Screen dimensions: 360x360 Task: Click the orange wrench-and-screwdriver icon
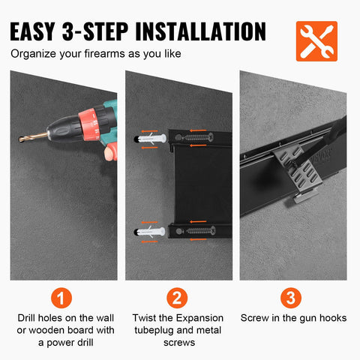316,40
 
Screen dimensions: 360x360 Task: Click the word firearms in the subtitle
112,55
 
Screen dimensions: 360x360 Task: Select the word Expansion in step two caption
200,318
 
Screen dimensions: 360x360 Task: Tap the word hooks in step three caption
331,318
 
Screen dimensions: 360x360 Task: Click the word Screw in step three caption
256,318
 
